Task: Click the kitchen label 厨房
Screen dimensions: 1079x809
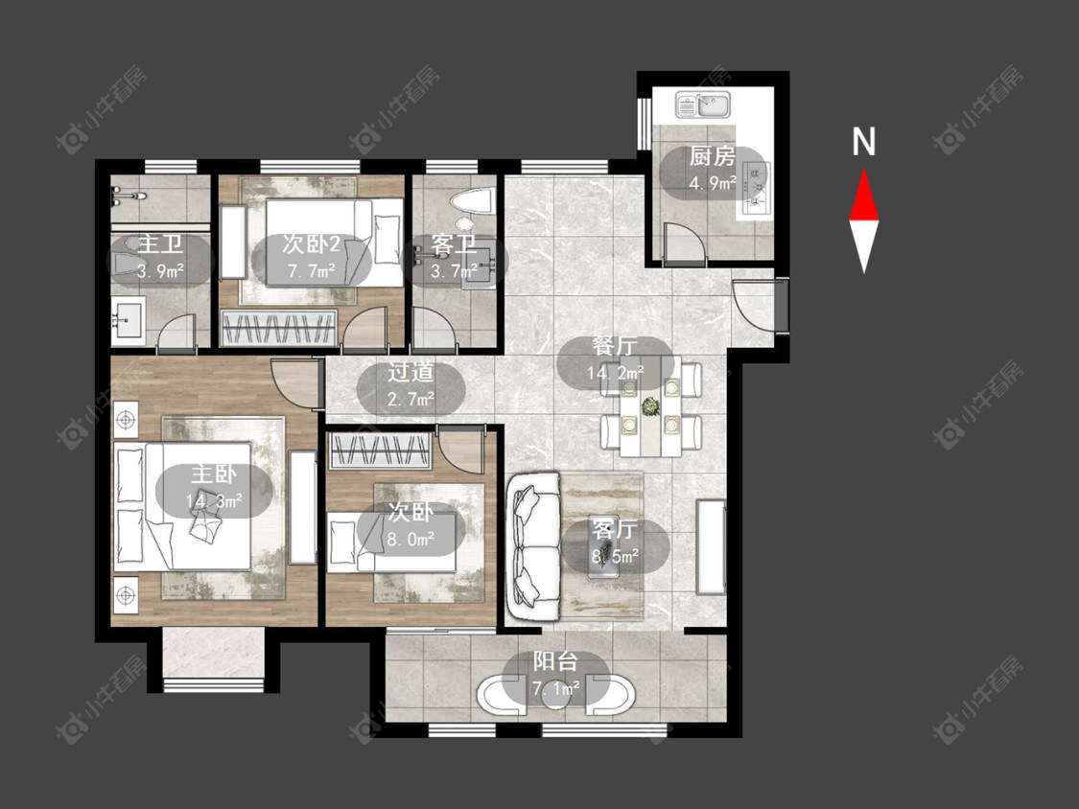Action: click(x=713, y=157)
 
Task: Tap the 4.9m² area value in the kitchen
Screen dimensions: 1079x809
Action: click(x=713, y=183)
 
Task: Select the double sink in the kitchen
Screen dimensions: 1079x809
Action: click(x=703, y=105)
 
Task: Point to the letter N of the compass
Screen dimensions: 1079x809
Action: click(x=863, y=142)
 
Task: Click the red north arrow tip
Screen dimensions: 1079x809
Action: click(x=864, y=171)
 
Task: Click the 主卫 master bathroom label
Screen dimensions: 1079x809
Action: click(x=160, y=244)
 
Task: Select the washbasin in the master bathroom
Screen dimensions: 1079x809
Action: click(x=129, y=320)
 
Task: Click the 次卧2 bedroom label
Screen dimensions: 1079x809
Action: click(x=312, y=244)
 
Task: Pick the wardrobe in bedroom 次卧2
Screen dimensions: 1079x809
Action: click(x=279, y=328)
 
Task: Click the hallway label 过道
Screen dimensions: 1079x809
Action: click(x=410, y=372)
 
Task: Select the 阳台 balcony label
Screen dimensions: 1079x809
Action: click(x=555, y=661)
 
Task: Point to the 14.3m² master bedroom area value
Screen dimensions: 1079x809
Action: click(x=214, y=500)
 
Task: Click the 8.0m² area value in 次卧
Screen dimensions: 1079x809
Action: click(x=410, y=539)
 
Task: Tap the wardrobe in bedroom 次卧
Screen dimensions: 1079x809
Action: click(x=381, y=451)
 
